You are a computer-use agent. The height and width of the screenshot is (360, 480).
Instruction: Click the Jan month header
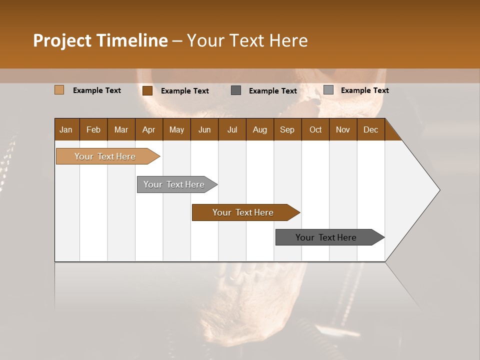66,129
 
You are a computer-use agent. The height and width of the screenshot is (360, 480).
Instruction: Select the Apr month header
148,129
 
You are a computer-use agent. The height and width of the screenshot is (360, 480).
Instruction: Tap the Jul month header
232,129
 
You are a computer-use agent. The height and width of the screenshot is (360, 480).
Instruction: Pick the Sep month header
287,129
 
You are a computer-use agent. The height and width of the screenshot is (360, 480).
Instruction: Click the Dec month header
370,129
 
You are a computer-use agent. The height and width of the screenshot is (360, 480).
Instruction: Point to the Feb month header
93,129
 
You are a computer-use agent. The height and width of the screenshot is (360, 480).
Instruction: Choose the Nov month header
342,129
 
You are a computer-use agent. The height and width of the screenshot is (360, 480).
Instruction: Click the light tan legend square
59,90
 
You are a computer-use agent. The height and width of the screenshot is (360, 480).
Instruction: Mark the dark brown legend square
147,90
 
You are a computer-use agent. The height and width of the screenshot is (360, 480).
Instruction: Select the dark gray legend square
236,90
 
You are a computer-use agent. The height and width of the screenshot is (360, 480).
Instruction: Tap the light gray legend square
328,90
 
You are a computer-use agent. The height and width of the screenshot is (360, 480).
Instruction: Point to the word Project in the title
61,40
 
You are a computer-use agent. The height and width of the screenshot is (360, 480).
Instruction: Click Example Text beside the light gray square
364,90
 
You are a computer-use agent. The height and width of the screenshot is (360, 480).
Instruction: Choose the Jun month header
204,129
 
